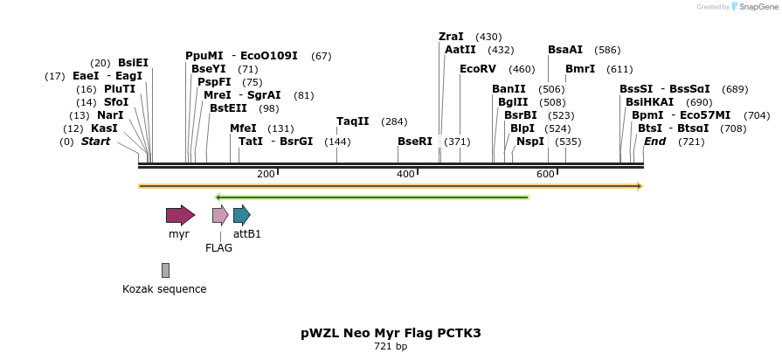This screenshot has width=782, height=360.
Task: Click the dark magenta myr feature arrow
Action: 180,215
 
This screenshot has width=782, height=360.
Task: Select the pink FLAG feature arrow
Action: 220,215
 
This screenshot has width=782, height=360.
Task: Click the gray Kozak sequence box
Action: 165,270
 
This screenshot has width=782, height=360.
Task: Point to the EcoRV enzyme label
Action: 477,69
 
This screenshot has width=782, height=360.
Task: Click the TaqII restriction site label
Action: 353,121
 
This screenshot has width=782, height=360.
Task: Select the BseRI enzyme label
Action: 415,142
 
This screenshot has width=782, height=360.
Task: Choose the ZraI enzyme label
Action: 451,37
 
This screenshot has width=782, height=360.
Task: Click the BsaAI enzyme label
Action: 564,50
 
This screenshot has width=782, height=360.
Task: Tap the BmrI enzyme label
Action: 580,69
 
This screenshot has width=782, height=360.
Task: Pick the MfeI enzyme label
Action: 243,128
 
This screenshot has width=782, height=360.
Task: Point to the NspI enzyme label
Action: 530,142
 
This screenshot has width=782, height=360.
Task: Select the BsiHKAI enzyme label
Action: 650,102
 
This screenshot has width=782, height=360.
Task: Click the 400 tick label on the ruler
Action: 405,175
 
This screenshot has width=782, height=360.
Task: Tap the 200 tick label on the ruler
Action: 266,175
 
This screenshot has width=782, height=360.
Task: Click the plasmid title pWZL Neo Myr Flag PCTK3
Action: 391,333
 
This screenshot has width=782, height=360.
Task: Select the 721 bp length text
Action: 391,347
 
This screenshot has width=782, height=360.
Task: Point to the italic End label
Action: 654,142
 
